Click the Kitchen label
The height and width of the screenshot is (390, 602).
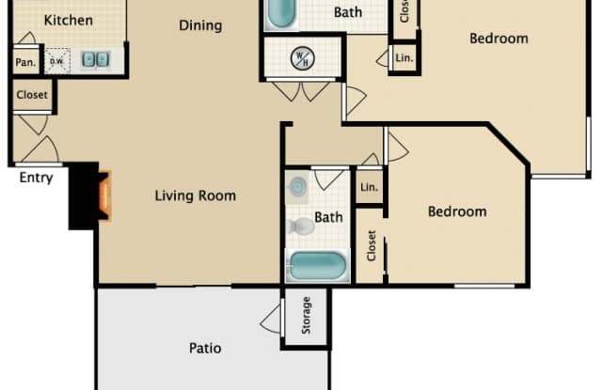pyautogui.click(x=69, y=20)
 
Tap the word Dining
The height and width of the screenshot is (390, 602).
pyautogui.click(x=200, y=25)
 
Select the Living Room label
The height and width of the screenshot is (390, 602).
pyautogui.click(x=196, y=195)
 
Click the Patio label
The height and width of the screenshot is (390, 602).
pyautogui.click(x=205, y=348)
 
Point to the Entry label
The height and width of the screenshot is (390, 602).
pyautogui.click(x=36, y=178)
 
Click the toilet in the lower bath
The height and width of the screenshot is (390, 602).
pyautogui.click(x=300, y=226)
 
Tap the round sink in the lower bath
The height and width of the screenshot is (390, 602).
pyautogui.click(x=299, y=187)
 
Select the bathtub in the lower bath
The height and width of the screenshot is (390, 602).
pyautogui.click(x=318, y=266)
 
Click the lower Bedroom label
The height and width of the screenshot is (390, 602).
pyautogui.click(x=457, y=211)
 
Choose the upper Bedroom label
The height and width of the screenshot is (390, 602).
pyautogui.click(x=499, y=39)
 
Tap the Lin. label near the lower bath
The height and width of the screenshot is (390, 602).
pyautogui.click(x=369, y=187)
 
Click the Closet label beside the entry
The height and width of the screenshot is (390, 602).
pyautogui.click(x=31, y=95)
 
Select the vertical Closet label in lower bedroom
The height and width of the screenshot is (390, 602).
pyautogui.click(x=372, y=245)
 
